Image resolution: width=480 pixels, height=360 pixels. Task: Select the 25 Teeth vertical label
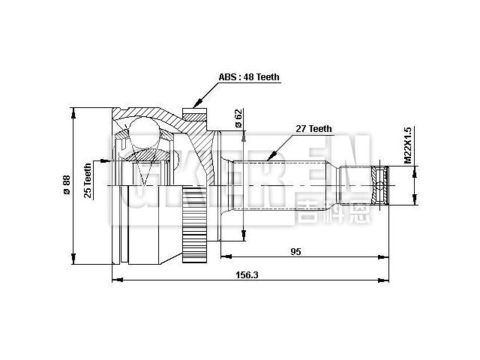coord(88,181)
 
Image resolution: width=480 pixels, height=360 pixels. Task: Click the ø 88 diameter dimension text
coord(66,184)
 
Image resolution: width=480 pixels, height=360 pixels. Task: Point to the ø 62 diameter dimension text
coord(238,118)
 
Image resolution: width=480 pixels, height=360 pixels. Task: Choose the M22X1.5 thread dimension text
coord(408,144)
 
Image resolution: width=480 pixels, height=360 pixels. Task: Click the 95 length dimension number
coord(295,252)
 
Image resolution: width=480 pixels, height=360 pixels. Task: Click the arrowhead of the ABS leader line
coord(196,105)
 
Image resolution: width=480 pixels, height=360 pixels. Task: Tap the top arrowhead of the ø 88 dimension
coord(73,112)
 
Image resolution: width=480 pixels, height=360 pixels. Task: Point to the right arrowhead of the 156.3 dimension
coord(388,281)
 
